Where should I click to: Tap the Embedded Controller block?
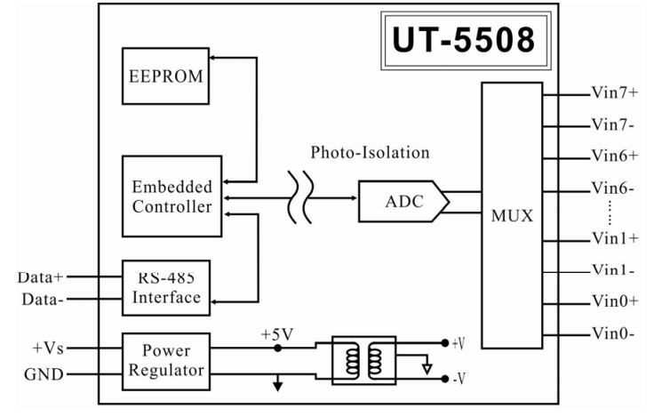[171, 196]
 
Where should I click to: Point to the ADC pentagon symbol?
[400, 202]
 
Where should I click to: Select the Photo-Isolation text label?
[370, 152]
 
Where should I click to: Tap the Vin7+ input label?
[614, 92]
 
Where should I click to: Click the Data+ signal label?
[40, 277]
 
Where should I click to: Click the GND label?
[44, 374]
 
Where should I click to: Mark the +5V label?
[276, 334]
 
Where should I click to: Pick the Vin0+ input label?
[614, 301]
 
